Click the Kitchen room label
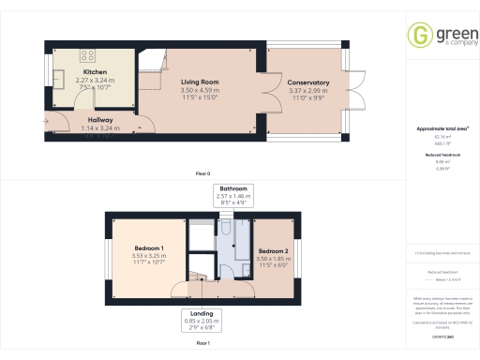click(95, 72)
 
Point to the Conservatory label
click(308, 82)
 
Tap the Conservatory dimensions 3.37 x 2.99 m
click(308, 90)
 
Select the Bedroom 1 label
click(149, 247)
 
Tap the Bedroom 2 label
click(273, 251)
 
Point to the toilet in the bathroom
click(228, 230)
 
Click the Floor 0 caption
click(202, 174)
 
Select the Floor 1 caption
click(202, 344)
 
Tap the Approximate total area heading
click(442, 127)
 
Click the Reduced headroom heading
click(442, 154)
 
